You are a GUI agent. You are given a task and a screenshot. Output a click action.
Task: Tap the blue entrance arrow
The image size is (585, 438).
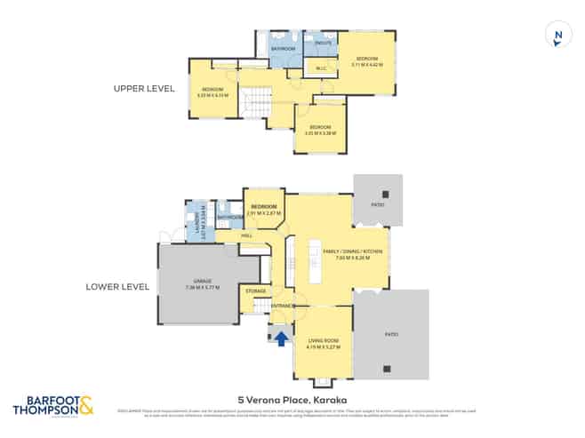(x=281, y=338)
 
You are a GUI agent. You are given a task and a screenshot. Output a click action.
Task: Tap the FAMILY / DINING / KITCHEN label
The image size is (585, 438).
(x=352, y=252)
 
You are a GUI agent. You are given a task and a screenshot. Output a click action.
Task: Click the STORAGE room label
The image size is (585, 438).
(x=254, y=290)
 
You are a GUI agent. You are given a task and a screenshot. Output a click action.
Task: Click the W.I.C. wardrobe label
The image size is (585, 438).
(x=320, y=68)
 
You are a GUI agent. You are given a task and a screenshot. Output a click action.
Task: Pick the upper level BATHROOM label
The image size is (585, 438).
(x=283, y=48)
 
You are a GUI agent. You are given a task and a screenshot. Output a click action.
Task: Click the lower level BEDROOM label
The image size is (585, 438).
(x=264, y=207)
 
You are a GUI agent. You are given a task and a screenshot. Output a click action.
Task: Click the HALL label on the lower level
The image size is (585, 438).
(x=246, y=235)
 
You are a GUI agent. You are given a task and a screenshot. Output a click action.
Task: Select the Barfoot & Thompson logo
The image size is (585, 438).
(x=52, y=407)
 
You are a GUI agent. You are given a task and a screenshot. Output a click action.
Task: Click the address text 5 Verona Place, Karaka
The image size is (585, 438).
(x=292, y=399)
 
